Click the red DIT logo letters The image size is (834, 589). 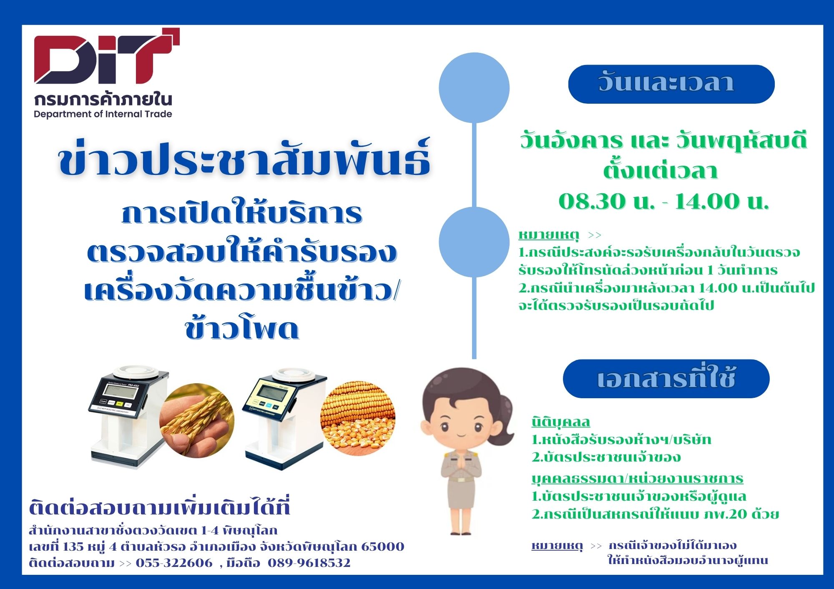click(107, 56)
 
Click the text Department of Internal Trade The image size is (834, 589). click(103, 114)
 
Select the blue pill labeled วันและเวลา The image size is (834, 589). click(671, 84)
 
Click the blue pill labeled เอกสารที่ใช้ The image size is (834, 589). click(666, 379)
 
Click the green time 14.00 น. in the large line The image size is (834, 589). click(722, 202)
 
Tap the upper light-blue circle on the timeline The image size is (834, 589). click(474, 87)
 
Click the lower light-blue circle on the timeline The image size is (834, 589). click(474, 242)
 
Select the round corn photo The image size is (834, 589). click(357, 418)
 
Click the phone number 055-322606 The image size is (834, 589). click(174, 563)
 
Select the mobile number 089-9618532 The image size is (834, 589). click(309, 563)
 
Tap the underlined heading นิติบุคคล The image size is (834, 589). click(561, 422)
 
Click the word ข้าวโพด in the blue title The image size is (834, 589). click(242, 329)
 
